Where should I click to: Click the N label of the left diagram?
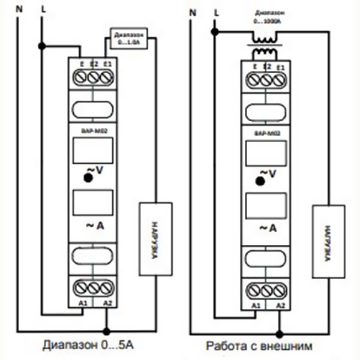click(x=20, y=9)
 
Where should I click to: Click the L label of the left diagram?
click(x=42, y=9)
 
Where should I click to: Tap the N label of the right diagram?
click(x=191, y=11)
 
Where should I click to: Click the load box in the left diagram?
click(x=155, y=238)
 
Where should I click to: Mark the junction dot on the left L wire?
click(x=41, y=46)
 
